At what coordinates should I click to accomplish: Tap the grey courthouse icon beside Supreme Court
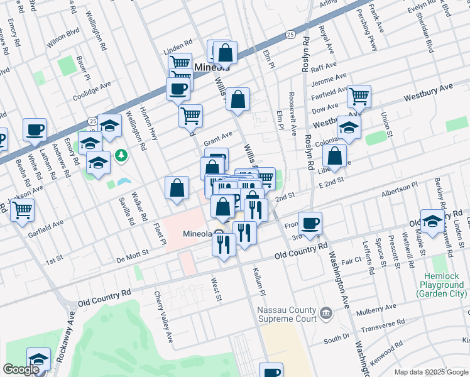tap(325, 312)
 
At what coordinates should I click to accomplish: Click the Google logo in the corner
tap(20, 369)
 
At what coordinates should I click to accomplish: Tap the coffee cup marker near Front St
tap(309, 223)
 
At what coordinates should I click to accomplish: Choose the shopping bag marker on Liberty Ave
tap(336, 156)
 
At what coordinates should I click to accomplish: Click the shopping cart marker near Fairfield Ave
tap(359, 97)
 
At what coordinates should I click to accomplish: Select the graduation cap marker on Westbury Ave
tap(348, 128)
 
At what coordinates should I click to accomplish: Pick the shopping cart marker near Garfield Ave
tap(22, 210)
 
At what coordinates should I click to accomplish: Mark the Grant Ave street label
tap(218, 138)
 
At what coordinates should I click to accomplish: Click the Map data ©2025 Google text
tap(430, 372)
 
